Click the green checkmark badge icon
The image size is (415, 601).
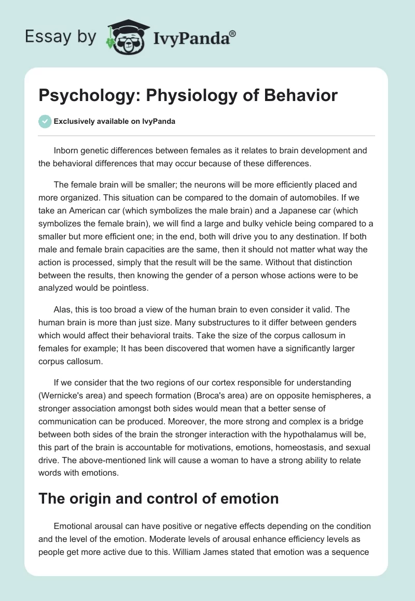tap(44, 122)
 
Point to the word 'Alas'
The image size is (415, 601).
tap(63, 309)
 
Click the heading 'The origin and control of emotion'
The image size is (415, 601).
tap(159, 498)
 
